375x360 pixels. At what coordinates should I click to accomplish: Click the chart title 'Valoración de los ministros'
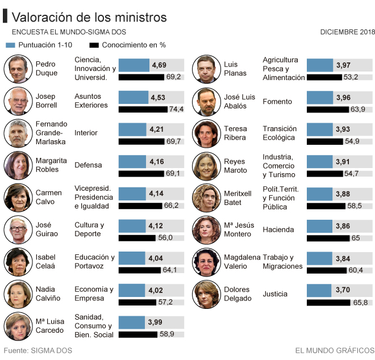(x=89, y=18)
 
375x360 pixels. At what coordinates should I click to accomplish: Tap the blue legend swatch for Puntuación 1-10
(x=11, y=45)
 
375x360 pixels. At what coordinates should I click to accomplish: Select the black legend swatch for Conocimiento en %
(x=94, y=45)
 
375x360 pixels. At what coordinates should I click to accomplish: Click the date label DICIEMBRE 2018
(x=347, y=32)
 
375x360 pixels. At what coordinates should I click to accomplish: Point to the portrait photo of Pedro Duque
(x=18, y=69)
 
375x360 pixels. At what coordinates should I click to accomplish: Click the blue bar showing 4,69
(x=134, y=65)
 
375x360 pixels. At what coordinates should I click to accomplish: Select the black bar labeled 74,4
(x=143, y=109)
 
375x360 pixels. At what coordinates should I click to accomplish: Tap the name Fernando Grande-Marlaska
(x=51, y=132)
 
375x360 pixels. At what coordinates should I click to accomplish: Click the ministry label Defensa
(x=88, y=165)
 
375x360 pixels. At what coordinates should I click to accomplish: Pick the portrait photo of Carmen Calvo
(x=18, y=198)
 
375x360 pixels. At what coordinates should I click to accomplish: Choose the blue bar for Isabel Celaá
(x=132, y=259)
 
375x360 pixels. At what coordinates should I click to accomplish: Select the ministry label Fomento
(x=277, y=102)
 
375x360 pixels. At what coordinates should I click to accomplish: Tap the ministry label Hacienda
(x=278, y=230)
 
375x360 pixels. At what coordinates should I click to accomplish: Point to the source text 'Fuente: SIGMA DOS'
(x=38, y=350)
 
